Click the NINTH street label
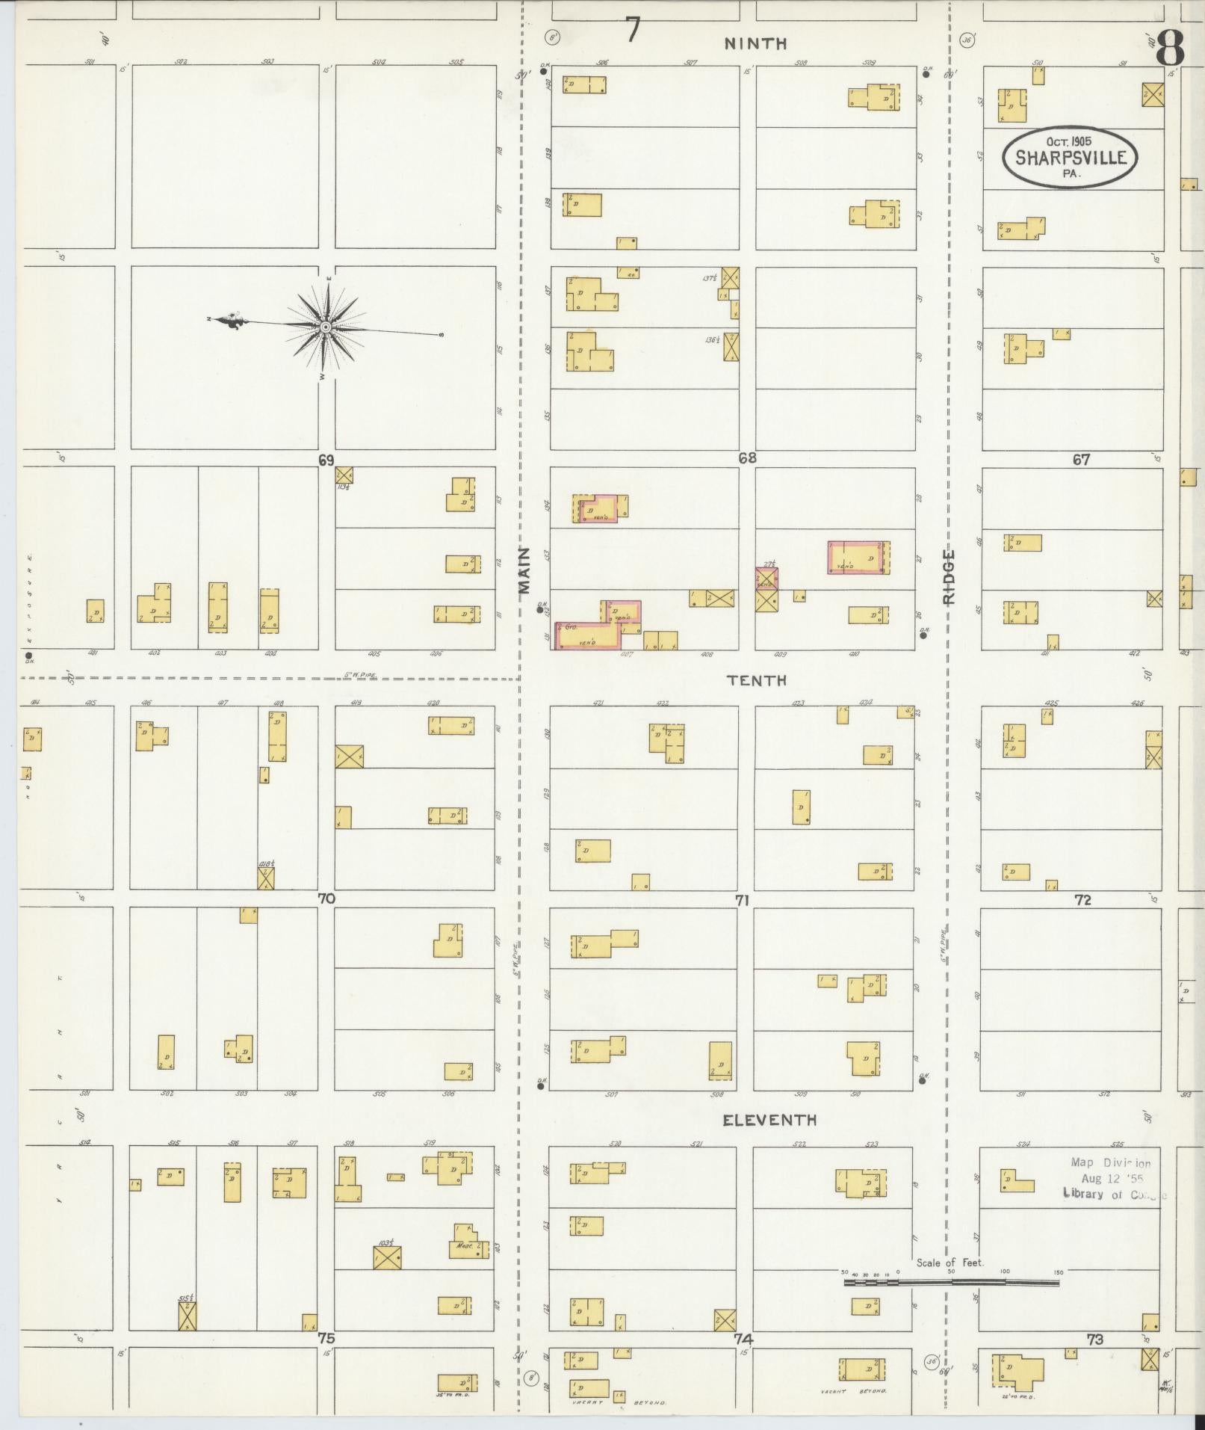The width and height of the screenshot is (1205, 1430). [x=755, y=44]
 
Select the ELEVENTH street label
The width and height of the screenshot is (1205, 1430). [x=769, y=1120]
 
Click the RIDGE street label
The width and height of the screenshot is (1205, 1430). [x=949, y=576]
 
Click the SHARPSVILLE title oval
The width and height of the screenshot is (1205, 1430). [x=1069, y=158]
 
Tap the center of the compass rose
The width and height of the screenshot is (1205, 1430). [x=326, y=327]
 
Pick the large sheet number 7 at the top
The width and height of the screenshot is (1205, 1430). [x=633, y=31]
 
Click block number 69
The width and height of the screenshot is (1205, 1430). [x=326, y=460]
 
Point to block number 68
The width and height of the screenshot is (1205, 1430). [x=746, y=458]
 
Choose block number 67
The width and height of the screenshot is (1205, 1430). [x=1080, y=460]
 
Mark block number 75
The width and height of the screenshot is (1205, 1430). [x=326, y=1339]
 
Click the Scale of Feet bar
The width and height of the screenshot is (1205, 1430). [x=951, y=1282]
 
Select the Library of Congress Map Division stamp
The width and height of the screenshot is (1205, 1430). [x=1113, y=1178]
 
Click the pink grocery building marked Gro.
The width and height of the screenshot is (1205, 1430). [x=586, y=636]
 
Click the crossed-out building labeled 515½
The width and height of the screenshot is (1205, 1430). [x=188, y=1316]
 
